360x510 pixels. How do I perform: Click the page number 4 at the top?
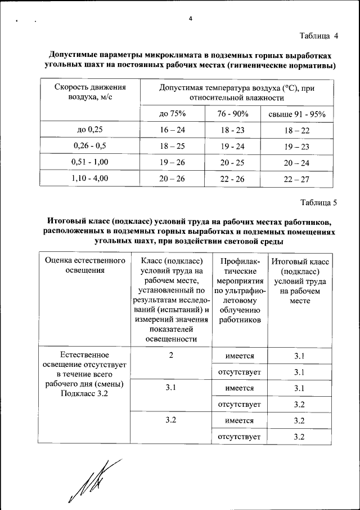[191, 19]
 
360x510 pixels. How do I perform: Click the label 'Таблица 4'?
[319, 36]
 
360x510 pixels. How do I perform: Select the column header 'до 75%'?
[172, 114]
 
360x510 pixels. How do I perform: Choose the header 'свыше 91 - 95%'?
[297, 114]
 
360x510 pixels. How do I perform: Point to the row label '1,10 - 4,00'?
[90, 179]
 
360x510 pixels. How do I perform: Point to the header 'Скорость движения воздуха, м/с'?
[90, 92]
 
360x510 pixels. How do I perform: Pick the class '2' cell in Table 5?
[170, 356]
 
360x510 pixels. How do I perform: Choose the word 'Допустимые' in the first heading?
[72, 56]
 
